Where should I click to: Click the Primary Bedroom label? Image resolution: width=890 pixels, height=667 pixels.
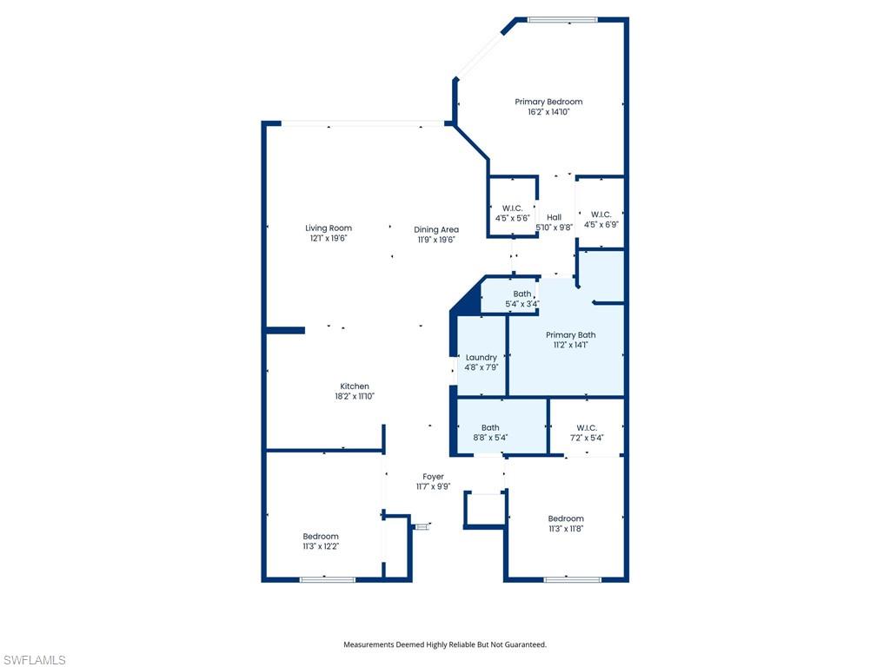click(x=548, y=102)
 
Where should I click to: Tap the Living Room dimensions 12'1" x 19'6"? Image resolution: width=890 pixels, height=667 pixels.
click(x=328, y=238)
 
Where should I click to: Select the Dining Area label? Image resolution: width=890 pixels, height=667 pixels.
click(x=436, y=229)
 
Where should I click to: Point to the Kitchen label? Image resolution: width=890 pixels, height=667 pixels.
click(x=355, y=386)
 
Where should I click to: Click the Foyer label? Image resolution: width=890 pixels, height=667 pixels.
click(x=433, y=477)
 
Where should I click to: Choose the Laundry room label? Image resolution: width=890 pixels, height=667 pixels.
click(x=482, y=357)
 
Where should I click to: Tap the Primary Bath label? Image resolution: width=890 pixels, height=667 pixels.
click(x=570, y=334)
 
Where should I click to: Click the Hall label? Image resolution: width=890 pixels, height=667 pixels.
click(x=554, y=217)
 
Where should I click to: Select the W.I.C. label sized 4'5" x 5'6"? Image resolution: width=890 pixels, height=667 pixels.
click(x=512, y=208)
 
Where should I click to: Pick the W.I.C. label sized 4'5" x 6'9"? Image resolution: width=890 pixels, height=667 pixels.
click(x=601, y=215)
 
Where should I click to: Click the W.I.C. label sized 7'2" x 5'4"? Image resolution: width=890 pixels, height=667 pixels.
click(x=587, y=427)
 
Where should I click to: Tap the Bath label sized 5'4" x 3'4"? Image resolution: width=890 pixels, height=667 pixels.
click(x=522, y=294)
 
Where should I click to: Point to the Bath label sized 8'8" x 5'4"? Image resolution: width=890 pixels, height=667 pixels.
click(x=490, y=427)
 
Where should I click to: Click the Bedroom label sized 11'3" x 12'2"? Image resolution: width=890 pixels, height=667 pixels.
click(x=321, y=537)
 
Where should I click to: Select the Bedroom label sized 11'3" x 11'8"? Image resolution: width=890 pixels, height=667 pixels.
click(x=566, y=518)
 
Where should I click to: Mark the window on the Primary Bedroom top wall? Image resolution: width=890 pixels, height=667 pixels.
click(x=562, y=20)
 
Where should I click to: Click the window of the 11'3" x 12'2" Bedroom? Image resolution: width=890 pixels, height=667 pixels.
click(x=328, y=579)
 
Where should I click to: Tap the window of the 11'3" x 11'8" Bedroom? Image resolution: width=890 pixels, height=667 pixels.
click(x=572, y=579)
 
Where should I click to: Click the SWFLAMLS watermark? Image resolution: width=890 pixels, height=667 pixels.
click(x=34, y=660)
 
